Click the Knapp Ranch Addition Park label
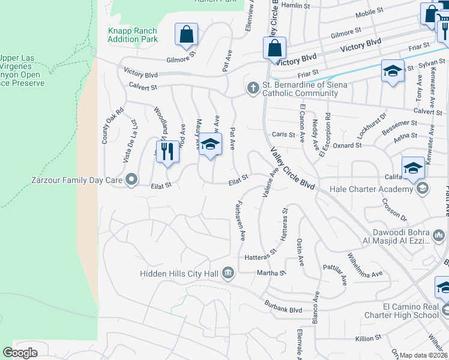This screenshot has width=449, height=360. click(x=132, y=35)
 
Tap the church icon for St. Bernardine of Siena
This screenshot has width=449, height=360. click(x=253, y=89)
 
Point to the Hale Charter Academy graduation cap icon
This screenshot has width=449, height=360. click(x=422, y=189)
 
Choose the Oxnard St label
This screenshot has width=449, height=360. click(x=348, y=145)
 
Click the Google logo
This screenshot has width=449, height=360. click(x=20, y=353)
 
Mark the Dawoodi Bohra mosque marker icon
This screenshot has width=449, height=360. click(x=439, y=234)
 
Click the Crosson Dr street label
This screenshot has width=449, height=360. click(x=394, y=211)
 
